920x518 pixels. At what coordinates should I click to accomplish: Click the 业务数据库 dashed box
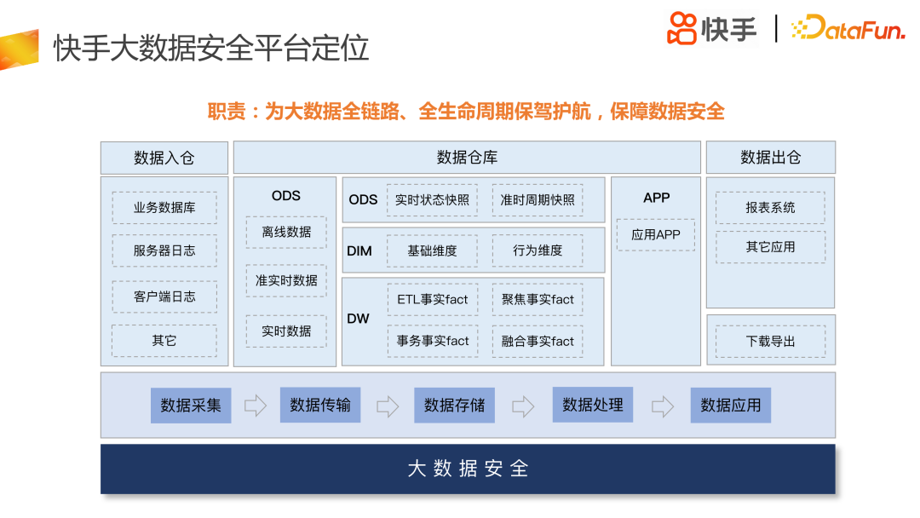tap(164, 208)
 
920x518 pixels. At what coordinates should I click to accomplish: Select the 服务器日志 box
tap(164, 251)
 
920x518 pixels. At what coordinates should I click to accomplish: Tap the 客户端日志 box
tap(164, 296)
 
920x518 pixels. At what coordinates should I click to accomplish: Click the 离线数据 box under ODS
tap(286, 232)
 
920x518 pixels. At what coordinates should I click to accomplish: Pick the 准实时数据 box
tap(286, 280)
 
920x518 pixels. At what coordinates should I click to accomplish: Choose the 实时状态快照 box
tap(432, 200)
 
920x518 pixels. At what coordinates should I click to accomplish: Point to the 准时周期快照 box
tap(538, 200)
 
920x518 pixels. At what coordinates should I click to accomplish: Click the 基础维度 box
tap(432, 250)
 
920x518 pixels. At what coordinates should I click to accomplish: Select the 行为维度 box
tap(538, 250)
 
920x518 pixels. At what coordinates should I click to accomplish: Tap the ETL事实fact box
tap(432, 300)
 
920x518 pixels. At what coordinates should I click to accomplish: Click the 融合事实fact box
tap(538, 341)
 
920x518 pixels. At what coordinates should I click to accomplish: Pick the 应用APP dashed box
tap(656, 235)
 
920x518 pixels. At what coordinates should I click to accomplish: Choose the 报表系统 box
tap(770, 208)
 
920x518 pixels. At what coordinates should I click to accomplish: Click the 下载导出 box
tap(770, 341)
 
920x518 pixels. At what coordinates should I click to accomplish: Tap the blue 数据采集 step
tap(191, 406)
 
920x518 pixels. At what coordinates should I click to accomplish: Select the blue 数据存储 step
tap(455, 406)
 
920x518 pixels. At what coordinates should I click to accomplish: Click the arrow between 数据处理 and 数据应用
tap(663, 406)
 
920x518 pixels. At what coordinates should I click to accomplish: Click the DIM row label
tap(359, 251)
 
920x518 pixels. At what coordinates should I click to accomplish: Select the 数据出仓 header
tap(770, 158)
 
